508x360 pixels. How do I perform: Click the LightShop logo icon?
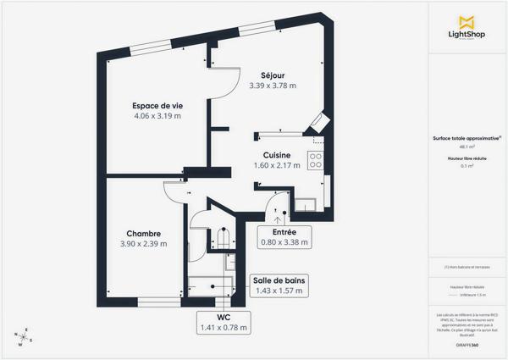[466, 22]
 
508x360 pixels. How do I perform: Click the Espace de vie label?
[157, 105]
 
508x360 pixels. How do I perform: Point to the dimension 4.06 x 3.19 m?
[157, 116]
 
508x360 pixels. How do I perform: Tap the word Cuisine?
[277, 155]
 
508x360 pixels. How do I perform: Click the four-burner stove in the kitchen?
[315, 159]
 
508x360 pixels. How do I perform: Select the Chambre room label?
[144, 233]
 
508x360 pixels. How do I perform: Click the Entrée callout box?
[284, 236]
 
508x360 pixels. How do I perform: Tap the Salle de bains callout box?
[279, 285]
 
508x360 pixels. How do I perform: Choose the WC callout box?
[224, 322]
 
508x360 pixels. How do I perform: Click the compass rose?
[25, 336]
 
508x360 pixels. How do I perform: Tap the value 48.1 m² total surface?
[467, 147]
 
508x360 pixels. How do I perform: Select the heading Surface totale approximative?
[466, 138]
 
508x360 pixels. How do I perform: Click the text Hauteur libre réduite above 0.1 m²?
[467, 158]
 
